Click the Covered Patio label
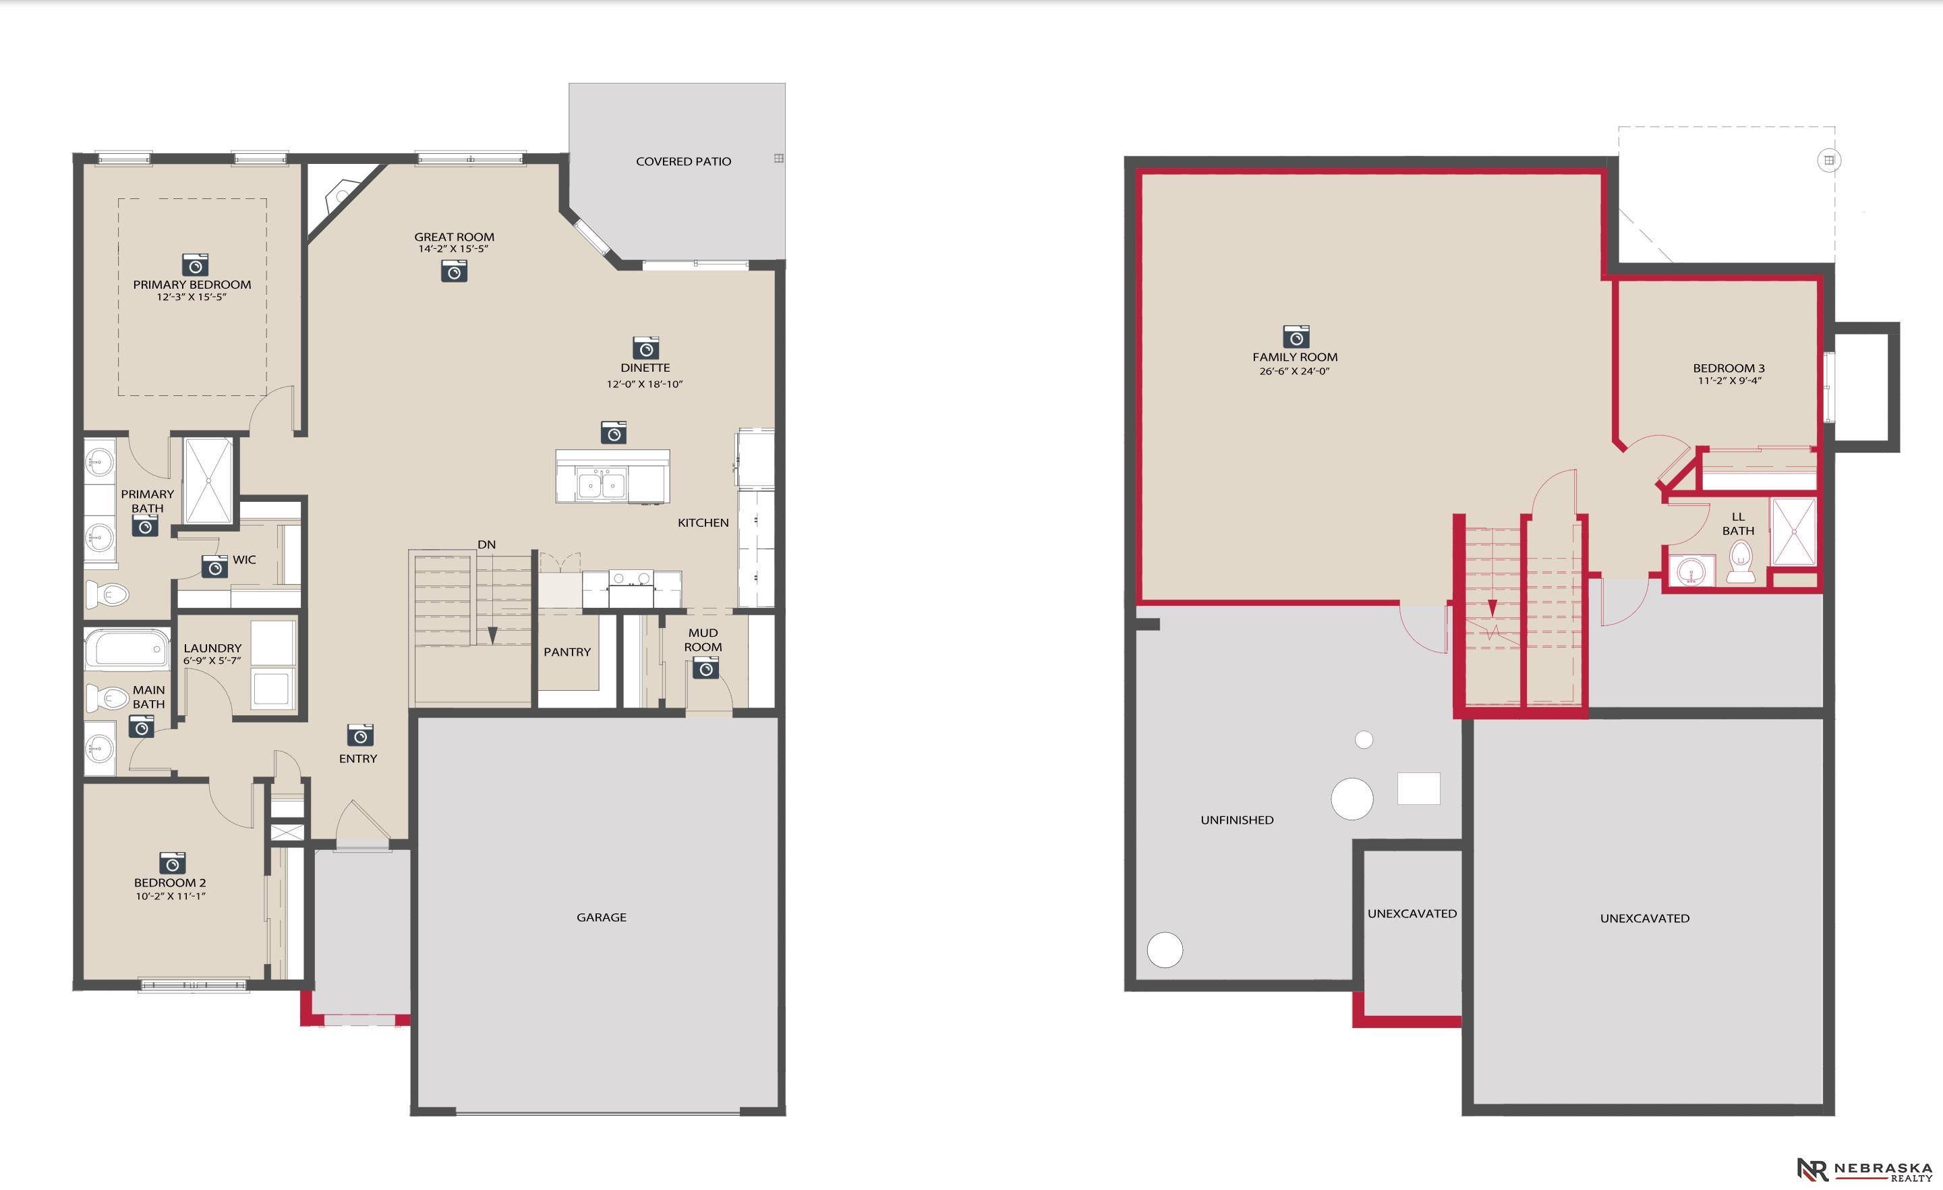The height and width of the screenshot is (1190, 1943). tap(683, 162)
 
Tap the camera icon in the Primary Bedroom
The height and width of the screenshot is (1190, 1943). tap(195, 264)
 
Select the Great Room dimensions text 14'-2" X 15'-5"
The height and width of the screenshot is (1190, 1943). tap(453, 249)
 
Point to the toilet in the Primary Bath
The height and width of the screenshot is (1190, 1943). tap(107, 593)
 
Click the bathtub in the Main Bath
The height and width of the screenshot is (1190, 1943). tap(127, 649)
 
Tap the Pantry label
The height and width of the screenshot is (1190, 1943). tap(567, 652)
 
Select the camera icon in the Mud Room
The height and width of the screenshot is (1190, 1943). tap(705, 668)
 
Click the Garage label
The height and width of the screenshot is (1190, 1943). tap(601, 917)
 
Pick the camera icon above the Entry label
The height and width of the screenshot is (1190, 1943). tap(360, 735)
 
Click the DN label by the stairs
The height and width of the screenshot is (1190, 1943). tap(486, 545)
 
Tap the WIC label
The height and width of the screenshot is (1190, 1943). tap(244, 560)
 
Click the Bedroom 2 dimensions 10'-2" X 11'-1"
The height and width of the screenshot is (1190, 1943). tap(171, 897)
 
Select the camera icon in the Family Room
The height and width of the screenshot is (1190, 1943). tap(1296, 336)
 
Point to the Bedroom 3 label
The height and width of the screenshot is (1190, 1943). tap(1729, 368)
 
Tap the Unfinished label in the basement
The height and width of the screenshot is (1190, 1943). tap(1236, 820)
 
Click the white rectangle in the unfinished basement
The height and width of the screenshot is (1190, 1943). tap(1418, 788)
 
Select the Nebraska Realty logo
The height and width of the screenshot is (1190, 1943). tap(1864, 1170)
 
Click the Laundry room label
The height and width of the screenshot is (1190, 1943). tap(212, 648)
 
